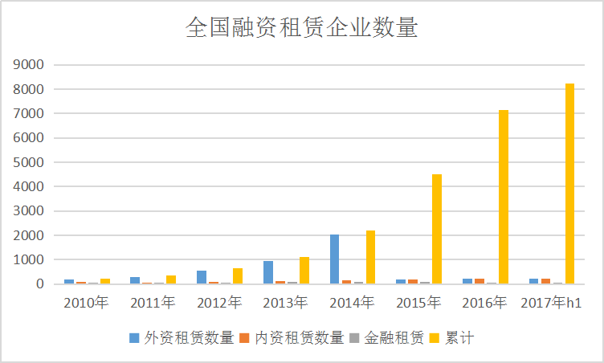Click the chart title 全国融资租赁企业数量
click(x=301, y=28)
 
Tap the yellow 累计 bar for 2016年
click(x=504, y=197)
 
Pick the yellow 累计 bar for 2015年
click(x=437, y=229)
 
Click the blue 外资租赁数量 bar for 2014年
click(x=334, y=259)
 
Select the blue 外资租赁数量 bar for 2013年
click(x=268, y=272)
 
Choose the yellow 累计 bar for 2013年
click(x=304, y=271)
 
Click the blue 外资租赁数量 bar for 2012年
click(x=202, y=277)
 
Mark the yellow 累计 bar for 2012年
click(x=238, y=275)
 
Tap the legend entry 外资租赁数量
click(x=182, y=338)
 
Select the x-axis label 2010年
click(x=85, y=303)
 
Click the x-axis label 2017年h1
click(x=551, y=303)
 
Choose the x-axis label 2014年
click(x=352, y=303)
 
